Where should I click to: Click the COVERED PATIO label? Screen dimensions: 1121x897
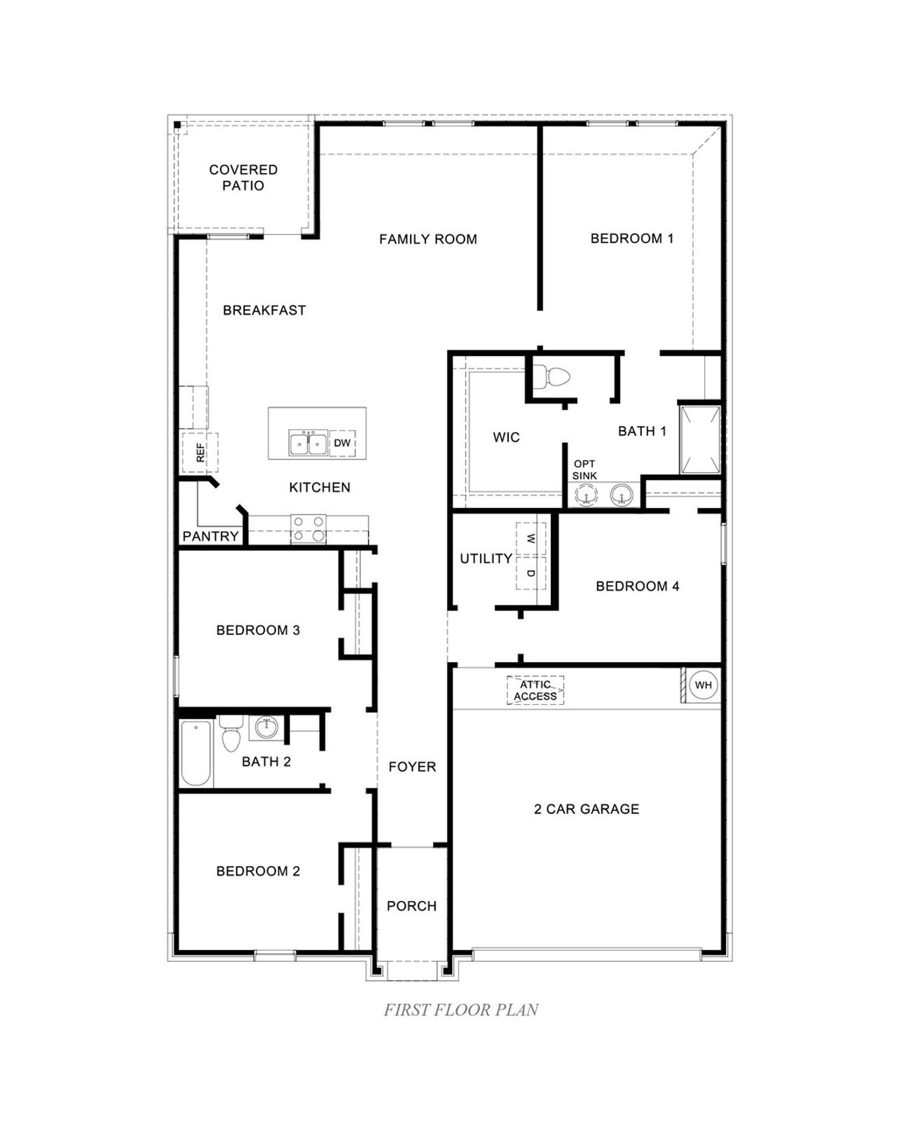[x=243, y=177]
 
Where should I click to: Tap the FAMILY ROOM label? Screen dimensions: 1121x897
[x=427, y=239]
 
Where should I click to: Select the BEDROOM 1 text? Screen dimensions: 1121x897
[x=631, y=238]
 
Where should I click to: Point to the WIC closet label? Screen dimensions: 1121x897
[x=506, y=437]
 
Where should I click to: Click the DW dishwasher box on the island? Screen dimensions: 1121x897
[x=341, y=443]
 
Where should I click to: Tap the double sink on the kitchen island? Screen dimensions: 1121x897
[x=307, y=443]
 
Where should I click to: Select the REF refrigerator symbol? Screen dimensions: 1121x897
[x=200, y=453]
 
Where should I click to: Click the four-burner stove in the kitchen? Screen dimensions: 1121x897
[x=308, y=529]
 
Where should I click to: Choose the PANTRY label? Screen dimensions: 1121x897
[x=210, y=536]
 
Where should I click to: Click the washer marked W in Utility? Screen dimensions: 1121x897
[x=530, y=539]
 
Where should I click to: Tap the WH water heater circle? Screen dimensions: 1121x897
[x=703, y=685]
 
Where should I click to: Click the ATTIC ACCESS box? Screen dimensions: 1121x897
[x=535, y=690]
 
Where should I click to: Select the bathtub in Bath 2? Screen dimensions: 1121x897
[x=196, y=753]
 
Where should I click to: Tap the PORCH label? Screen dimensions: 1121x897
[x=411, y=906]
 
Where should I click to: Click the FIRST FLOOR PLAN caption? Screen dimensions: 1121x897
[x=461, y=1010]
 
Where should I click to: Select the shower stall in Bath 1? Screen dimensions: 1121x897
[x=699, y=439]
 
